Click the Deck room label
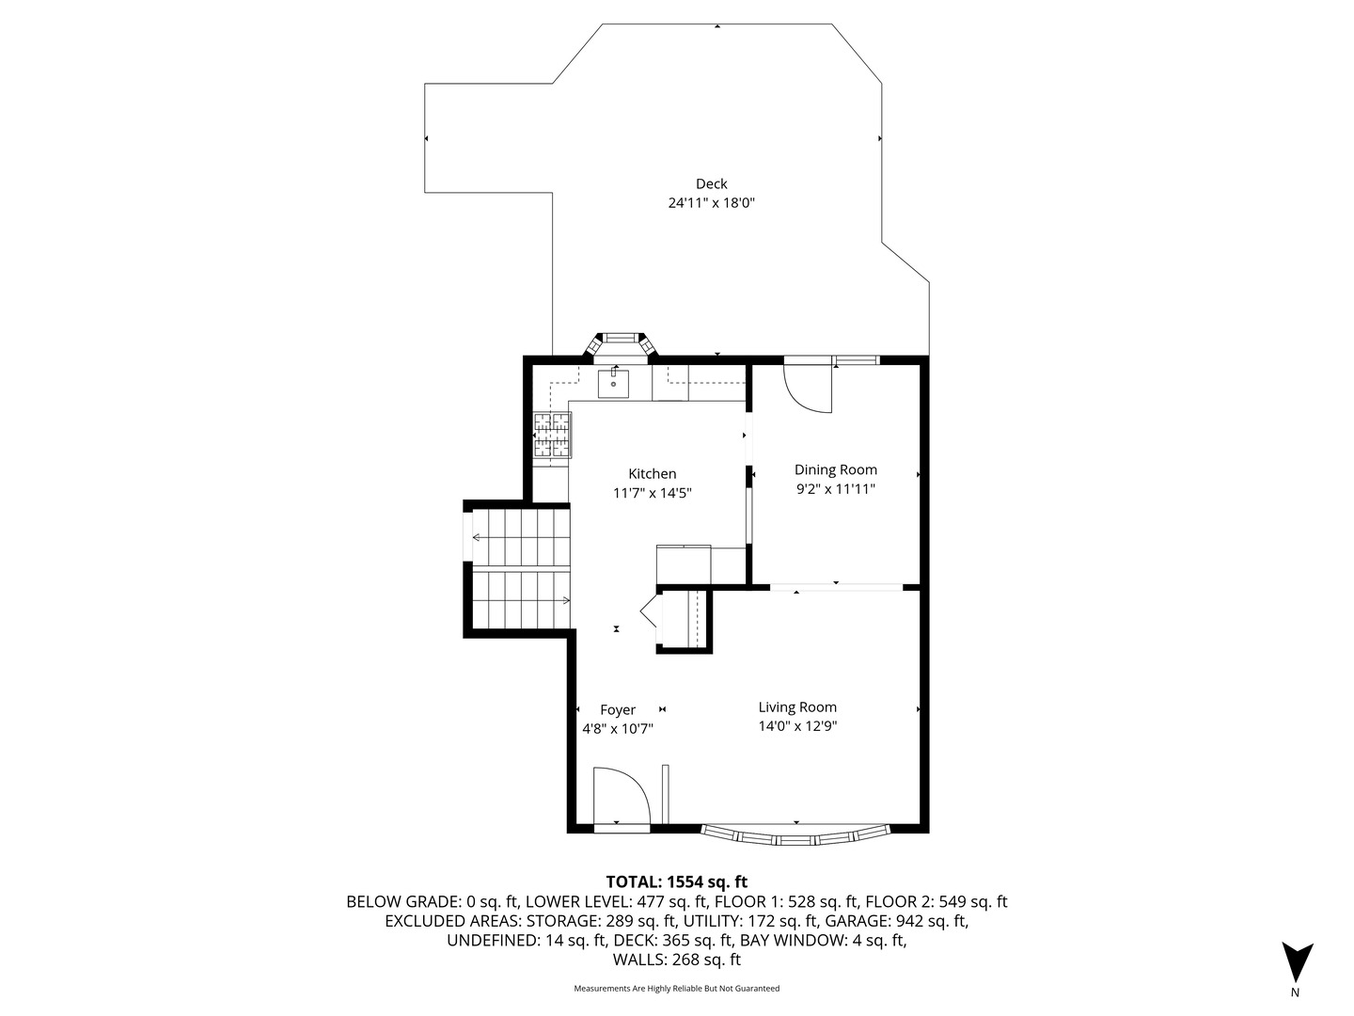click(x=711, y=183)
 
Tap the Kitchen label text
click(x=652, y=474)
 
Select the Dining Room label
click(x=835, y=470)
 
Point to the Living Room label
click(x=797, y=707)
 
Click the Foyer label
click(x=618, y=710)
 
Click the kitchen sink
click(x=613, y=383)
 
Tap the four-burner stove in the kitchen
click(x=552, y=436)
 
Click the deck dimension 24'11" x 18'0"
click(x=711, y=203)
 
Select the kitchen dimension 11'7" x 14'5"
click(x=652, y=493)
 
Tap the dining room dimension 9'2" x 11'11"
click(x=835, y=489)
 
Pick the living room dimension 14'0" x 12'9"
click(x=797, y=726)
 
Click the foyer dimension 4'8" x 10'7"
click(x=618, y=729)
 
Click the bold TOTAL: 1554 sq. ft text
click(x=677, y=882)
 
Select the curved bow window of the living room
click(x=795, y=836)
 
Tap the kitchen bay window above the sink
click(x=620, y=343)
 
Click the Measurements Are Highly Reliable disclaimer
click(x=677, y=988)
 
